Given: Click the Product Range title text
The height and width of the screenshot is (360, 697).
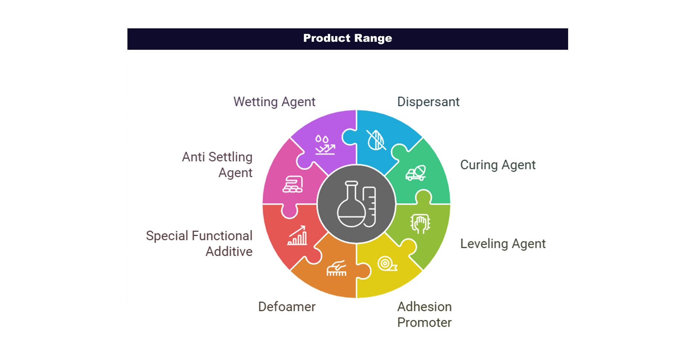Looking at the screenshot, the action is pos(347,38).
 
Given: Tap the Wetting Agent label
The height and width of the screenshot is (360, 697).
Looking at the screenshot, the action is pos(274,102).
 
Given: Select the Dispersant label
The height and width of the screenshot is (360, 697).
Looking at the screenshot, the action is pos(428,102).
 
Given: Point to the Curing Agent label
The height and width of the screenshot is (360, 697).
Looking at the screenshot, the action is pos(498,165).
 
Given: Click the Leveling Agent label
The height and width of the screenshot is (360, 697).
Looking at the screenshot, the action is pos(503,244).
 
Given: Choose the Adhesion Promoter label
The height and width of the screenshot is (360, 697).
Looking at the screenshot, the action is pos(424,315).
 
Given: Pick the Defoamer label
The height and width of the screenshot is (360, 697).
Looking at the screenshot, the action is pos(287,307).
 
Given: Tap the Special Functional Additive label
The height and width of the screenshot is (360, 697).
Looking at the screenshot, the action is pos(199,243).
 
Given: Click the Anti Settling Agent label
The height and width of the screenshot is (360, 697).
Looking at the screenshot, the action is pos(217,165).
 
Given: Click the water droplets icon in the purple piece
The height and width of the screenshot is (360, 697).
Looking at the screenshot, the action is pos(325,145).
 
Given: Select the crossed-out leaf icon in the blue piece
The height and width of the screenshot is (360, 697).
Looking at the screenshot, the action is pos(376,140).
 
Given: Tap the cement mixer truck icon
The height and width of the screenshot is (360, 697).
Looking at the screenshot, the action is pos(416,173).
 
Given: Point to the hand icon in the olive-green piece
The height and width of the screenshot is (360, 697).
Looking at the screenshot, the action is pos(420,223).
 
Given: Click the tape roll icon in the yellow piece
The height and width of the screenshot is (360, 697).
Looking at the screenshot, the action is pos(387,264).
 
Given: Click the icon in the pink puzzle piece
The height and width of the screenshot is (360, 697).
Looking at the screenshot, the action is pos(293,184).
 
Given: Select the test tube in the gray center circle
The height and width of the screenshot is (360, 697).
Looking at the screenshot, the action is pos(370,207).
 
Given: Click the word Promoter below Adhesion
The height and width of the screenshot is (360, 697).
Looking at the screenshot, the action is pos(424,323).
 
